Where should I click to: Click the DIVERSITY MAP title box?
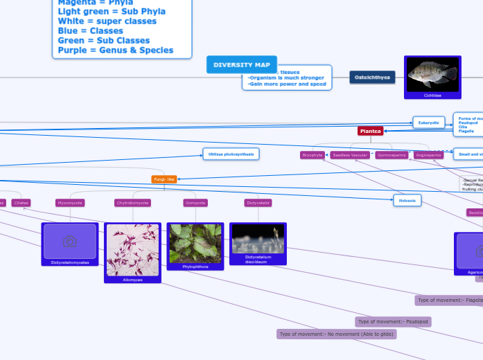(x=241, y=64)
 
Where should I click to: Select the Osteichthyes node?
(x=372, y=78)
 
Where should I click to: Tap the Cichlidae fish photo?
(x=432, y=73)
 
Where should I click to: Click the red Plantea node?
(x=370, y=131)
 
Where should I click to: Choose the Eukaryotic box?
(x=428, y=123)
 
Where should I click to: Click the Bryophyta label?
(x=313, y=155)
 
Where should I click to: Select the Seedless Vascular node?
(x=350, y=155)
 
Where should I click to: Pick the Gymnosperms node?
(x=391, y=155)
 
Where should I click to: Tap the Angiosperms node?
(x=428, y=155)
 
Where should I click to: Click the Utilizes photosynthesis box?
(x=231, y=154)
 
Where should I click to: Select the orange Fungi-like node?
(x=164, y=179)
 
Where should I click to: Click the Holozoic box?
(x=407, y=201)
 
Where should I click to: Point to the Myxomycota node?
(x=69, y=203)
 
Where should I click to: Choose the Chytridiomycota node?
(x=132, y=203)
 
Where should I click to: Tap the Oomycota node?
(x=195, y=203)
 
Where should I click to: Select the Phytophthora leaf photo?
(x=195, y=243)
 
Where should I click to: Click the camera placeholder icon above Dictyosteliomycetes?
(x=69, y=241)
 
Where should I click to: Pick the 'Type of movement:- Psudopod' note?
(x=393, y=322)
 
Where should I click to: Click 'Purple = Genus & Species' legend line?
(x=116, y=51)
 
